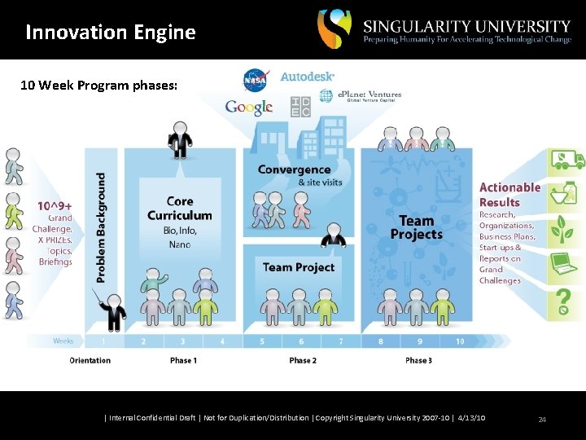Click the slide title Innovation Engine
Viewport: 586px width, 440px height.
[x=111, y=33]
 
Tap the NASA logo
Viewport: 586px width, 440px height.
[x=255, y=81]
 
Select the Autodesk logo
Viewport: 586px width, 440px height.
[x=307, y=76]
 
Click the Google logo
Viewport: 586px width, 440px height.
[x=249, y=108]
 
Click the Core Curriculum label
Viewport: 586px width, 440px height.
[x=179, y=209]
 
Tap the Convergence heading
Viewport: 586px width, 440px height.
[x=294, y=169]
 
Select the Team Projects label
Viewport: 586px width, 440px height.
[x=416, y=227]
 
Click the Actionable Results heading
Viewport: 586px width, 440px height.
[x=509, y=195]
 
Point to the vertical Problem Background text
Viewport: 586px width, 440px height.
[x=102, y=227]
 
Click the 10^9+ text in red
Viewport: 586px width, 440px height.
[x=55, y=206]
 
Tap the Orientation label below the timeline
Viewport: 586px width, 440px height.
[x=90, y=360]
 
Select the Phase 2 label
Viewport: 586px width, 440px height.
[x=303, y=360]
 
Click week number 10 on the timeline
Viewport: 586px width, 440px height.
[x=460, y=341]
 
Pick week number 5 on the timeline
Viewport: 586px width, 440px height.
[x=262, y=341]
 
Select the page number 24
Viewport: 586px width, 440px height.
[x=542, y=419]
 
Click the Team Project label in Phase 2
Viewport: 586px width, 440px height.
[x=299, y=267]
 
